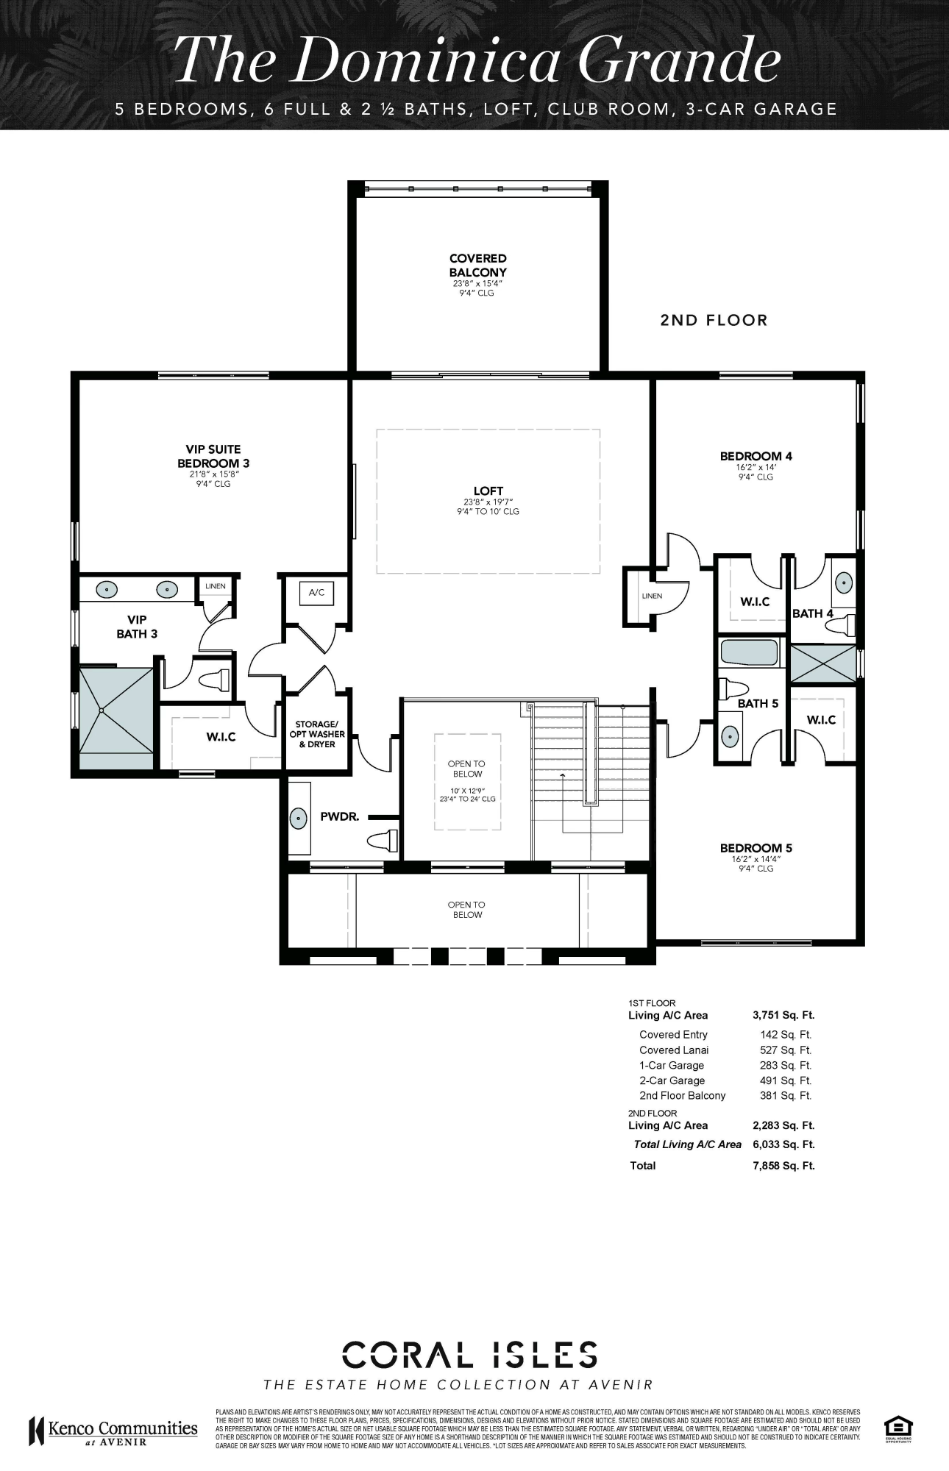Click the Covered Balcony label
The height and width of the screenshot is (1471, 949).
(477, 266)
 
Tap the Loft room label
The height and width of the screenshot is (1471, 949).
(488, 491)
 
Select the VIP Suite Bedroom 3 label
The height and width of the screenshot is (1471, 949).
(213, 456)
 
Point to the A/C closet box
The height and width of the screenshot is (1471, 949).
(316, 592)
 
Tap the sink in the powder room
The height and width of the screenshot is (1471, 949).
(299, 818)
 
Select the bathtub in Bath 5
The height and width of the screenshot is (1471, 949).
(748, 653)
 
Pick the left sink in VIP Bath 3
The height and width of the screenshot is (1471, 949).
(108, 588)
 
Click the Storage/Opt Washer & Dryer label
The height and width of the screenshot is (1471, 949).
(316, 734)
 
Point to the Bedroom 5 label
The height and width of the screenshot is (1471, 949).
(756, 848)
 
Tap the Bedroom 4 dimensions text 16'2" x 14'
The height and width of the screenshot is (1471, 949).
(756, 466)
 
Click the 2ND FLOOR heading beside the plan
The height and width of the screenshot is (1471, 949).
(713, 320)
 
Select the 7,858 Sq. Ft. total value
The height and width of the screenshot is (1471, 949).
(783, 1165)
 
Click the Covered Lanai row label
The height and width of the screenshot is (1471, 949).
(673, 1050)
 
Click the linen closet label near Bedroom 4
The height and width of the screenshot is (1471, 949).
(651, 596)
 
